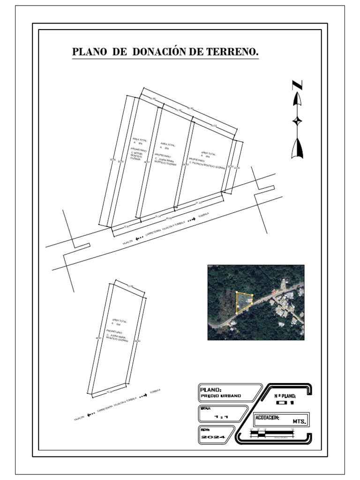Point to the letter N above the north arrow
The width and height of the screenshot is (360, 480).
tap(297, 85)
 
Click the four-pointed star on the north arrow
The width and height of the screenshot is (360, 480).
tap(297, 121)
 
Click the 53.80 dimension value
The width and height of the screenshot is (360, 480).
tap(112, 160)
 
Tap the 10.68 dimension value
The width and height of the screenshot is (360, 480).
tap(152, 98)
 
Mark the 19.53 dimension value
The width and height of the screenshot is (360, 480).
tap(214, 126)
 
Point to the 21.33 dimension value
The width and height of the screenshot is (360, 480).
tap(198, 202)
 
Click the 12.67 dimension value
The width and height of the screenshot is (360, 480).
tap(126, 227)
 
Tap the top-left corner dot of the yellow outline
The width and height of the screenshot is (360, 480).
tap(237, 292)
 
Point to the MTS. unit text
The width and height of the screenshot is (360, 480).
tap(300, 422)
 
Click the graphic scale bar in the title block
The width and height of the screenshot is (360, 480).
tap(272, 434)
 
